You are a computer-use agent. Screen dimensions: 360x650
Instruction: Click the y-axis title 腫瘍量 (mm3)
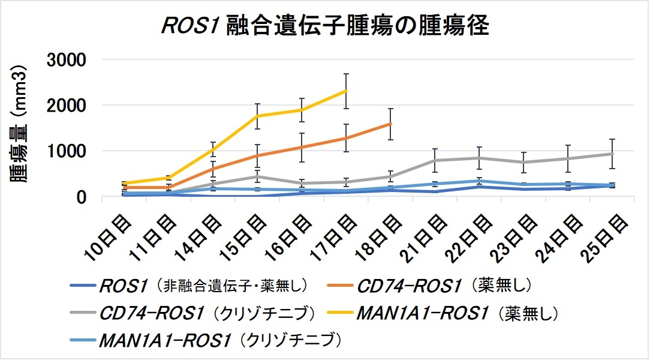pos(20,128)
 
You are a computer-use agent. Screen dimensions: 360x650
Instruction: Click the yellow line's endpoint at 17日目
pos(346,91)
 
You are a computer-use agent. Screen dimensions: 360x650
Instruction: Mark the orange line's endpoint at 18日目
pos(390,124)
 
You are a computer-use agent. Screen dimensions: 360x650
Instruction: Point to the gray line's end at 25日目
pos(612,154)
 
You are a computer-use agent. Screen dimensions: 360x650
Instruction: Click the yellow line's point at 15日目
pos(257,116)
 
